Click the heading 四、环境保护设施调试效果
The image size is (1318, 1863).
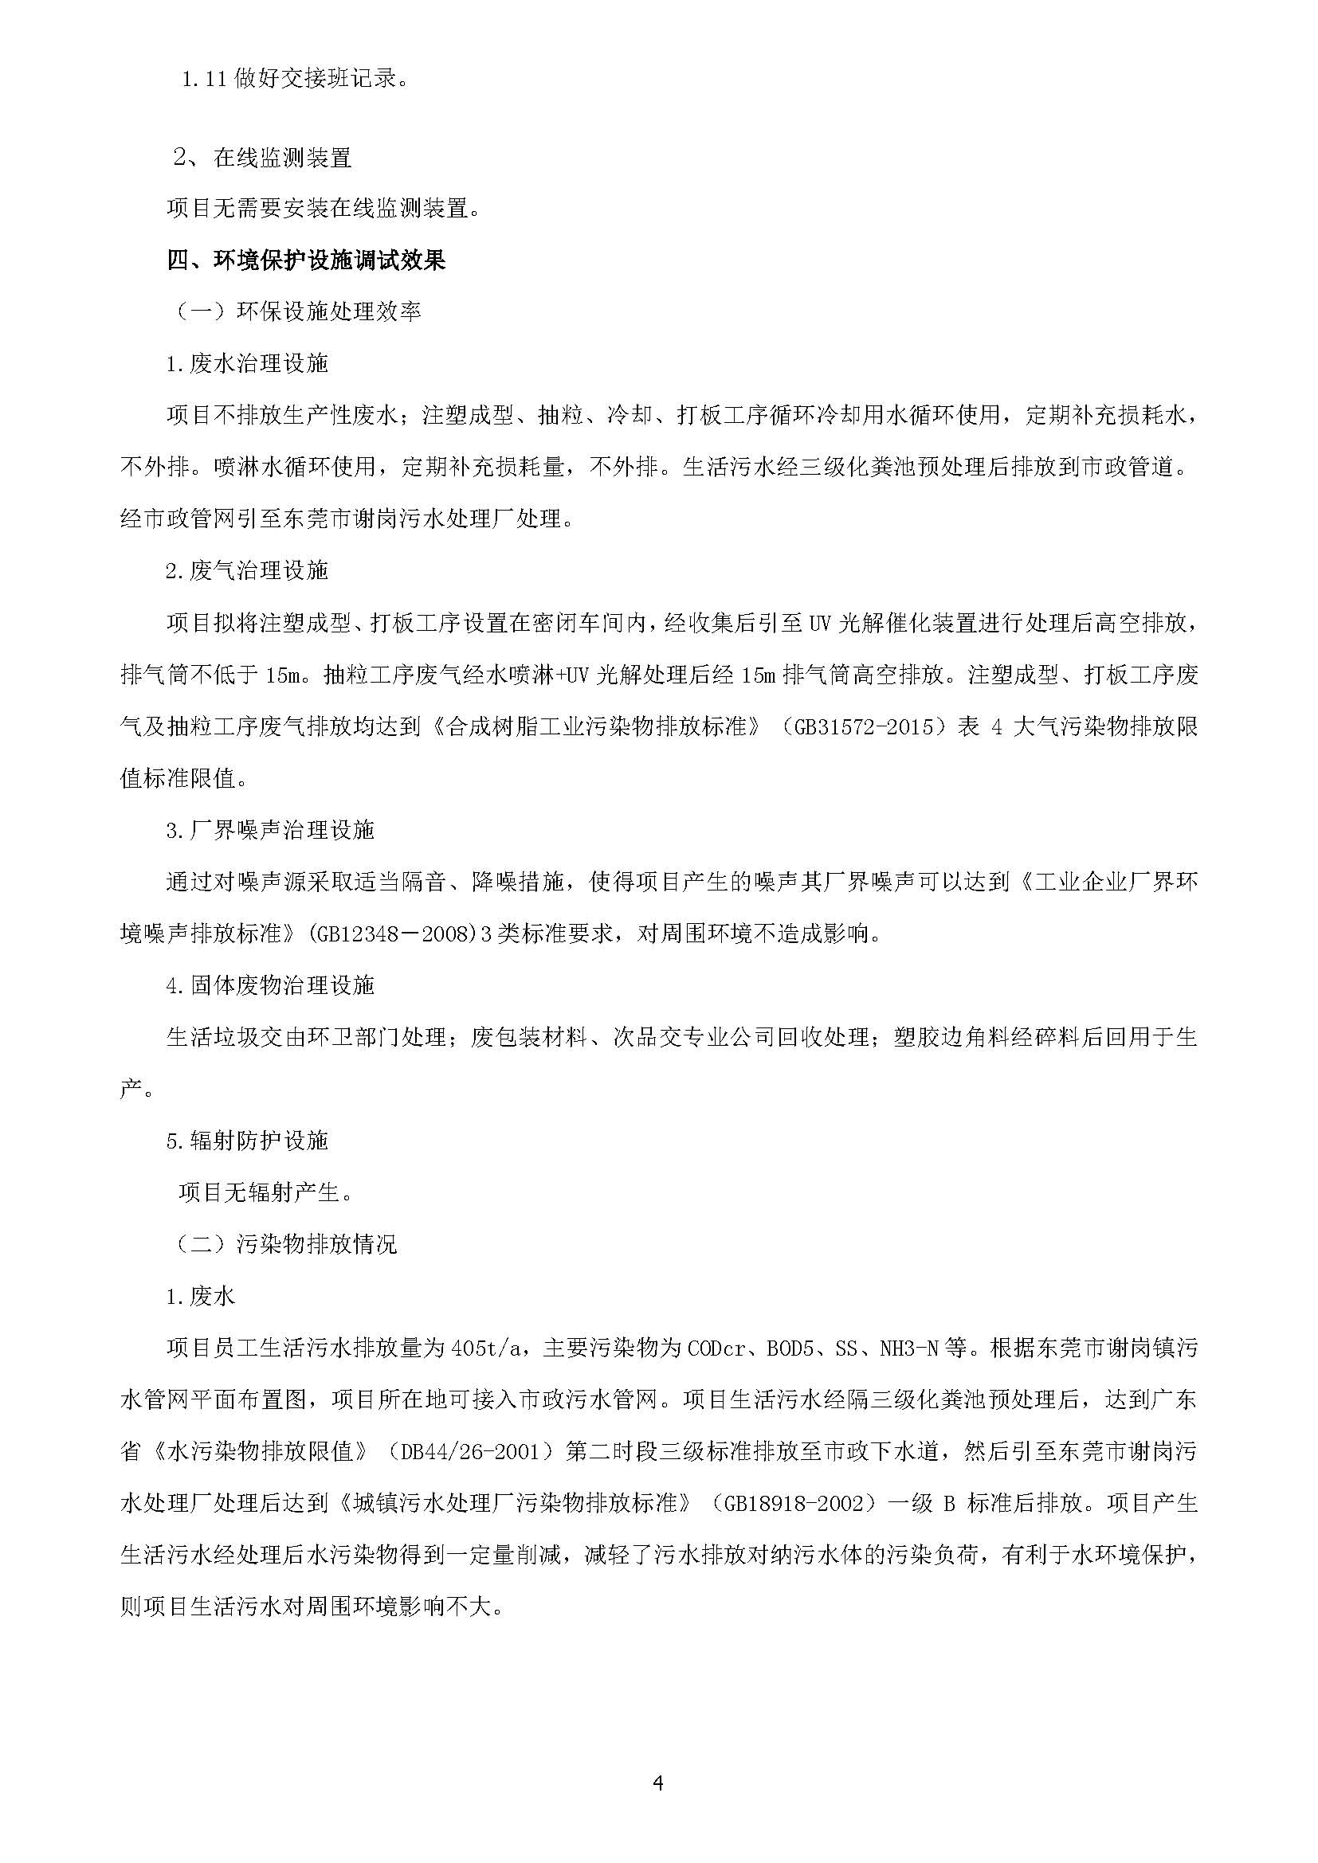tap(306, 260)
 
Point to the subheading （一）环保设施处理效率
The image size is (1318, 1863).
tap(299, 311)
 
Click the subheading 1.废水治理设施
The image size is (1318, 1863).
tap(247, 363)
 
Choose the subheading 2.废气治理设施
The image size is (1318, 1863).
tap(247, 570)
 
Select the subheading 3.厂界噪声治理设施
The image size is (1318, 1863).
tap(270, 830)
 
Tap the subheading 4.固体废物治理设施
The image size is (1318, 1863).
tap(270, 985)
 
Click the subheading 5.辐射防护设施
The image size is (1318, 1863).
tap(247, 1140)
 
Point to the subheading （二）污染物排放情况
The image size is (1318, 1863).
tap(287, 1244)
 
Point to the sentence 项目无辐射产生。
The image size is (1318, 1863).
tap(266, 1192)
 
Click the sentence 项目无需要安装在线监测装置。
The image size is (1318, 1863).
tap(324, 209)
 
